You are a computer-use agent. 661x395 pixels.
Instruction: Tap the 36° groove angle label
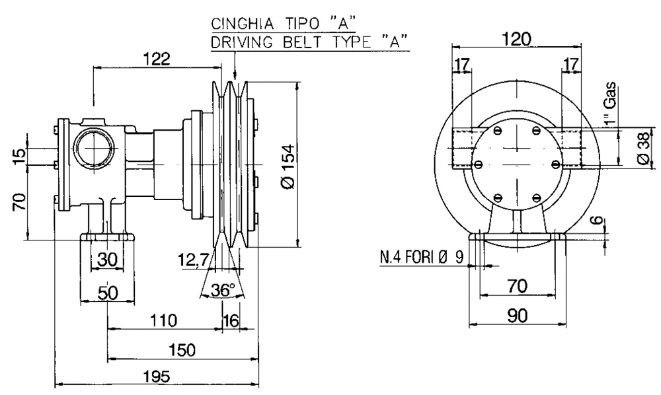coord(223,290)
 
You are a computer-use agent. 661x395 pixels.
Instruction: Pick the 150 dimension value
coord(182,350)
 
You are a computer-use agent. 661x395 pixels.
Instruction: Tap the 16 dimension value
coord(231,320)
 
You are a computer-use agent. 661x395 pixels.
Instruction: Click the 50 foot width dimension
coord(108,293)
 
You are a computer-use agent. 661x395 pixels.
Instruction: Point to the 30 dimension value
coord(108,260)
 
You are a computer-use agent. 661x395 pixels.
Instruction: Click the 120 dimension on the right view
coord(517,39)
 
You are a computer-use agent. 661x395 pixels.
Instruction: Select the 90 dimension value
coord(518,316)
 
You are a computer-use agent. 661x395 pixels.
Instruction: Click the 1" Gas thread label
coord(610,104)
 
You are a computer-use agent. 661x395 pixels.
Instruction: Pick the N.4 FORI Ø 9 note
coord(422,258)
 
